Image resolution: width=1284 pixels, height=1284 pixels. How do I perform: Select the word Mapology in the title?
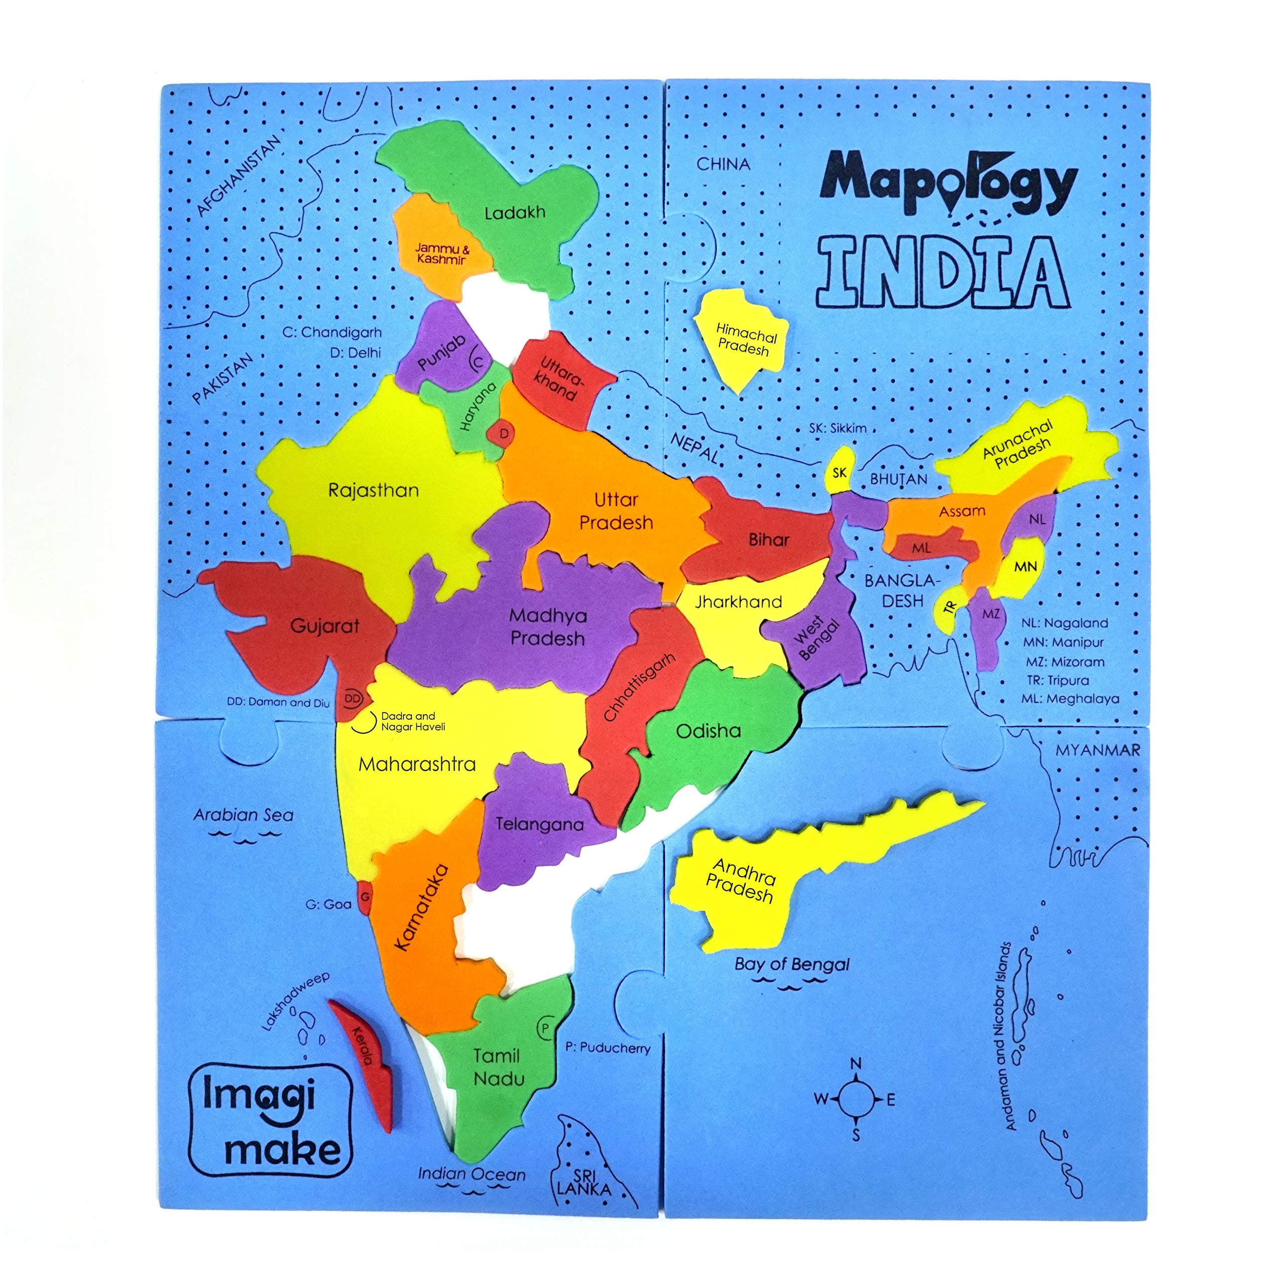(x=948, y=184)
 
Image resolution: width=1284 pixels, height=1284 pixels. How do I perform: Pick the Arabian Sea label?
(x=243, y=816)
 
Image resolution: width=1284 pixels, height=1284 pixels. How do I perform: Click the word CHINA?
(x=723, y=164)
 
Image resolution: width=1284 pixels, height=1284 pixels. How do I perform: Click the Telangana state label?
(x=540, y=825)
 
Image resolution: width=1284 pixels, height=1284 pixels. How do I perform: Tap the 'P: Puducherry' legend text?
(x=607, y=1048)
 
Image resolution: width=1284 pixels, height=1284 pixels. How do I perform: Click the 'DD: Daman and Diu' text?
(x=278, y=702)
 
